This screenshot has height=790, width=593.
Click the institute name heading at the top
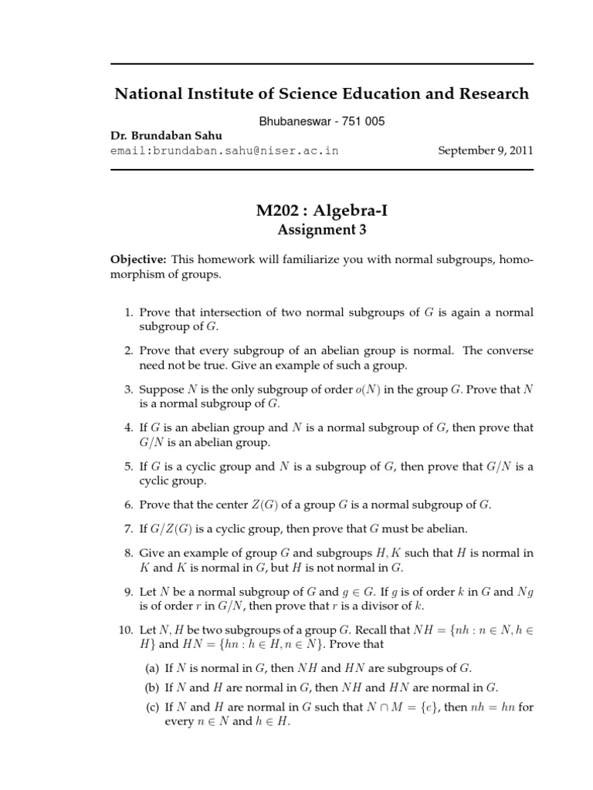point(322,94)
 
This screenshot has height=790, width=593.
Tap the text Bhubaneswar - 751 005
point(320,121)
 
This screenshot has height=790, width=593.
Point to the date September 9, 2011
point(486,150)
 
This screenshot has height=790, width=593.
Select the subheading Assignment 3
point(321,229)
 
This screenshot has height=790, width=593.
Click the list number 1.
point(128,312)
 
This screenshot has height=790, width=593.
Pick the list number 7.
point(128,528)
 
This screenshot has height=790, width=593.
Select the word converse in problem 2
point(506,351)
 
